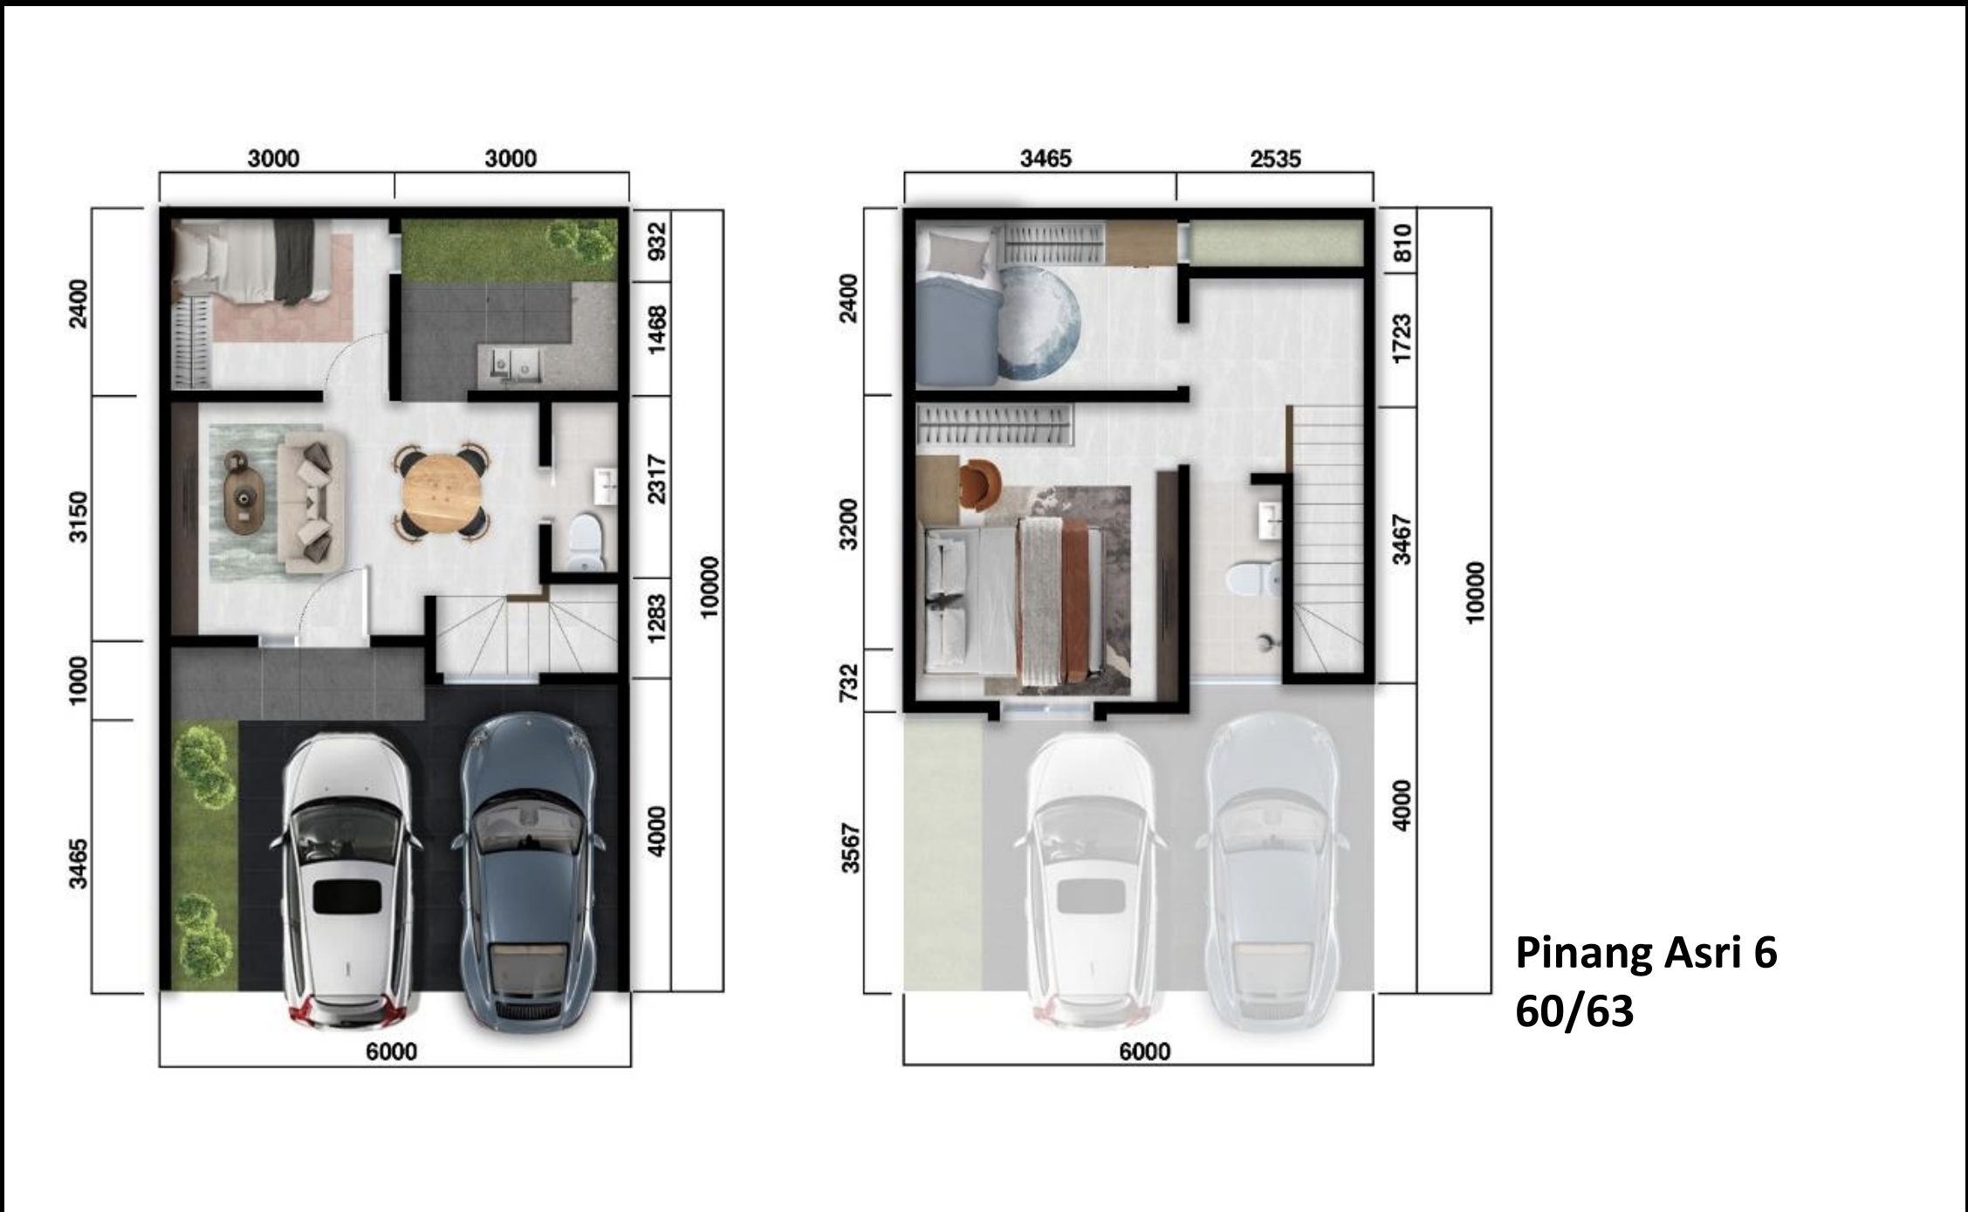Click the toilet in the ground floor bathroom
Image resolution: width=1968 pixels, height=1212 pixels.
click(586, 543)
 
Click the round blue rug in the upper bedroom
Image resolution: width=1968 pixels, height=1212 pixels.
click(1039, 324)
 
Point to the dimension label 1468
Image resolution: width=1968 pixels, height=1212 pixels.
click(656, 329)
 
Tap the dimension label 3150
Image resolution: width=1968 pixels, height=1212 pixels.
click(79, 517)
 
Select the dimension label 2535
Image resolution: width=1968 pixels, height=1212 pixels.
click(1275, 159)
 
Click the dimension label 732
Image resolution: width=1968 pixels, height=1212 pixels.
click(848, 682)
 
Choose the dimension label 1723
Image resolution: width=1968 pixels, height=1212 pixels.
click(1402, 339)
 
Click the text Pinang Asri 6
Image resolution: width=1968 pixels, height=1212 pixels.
click(1646, 953)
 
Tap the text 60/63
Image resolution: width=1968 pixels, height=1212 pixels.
click(1574, 1011)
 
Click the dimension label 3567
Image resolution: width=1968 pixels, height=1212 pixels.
click(850, 848)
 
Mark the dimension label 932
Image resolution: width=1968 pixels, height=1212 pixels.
click(656, 243)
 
